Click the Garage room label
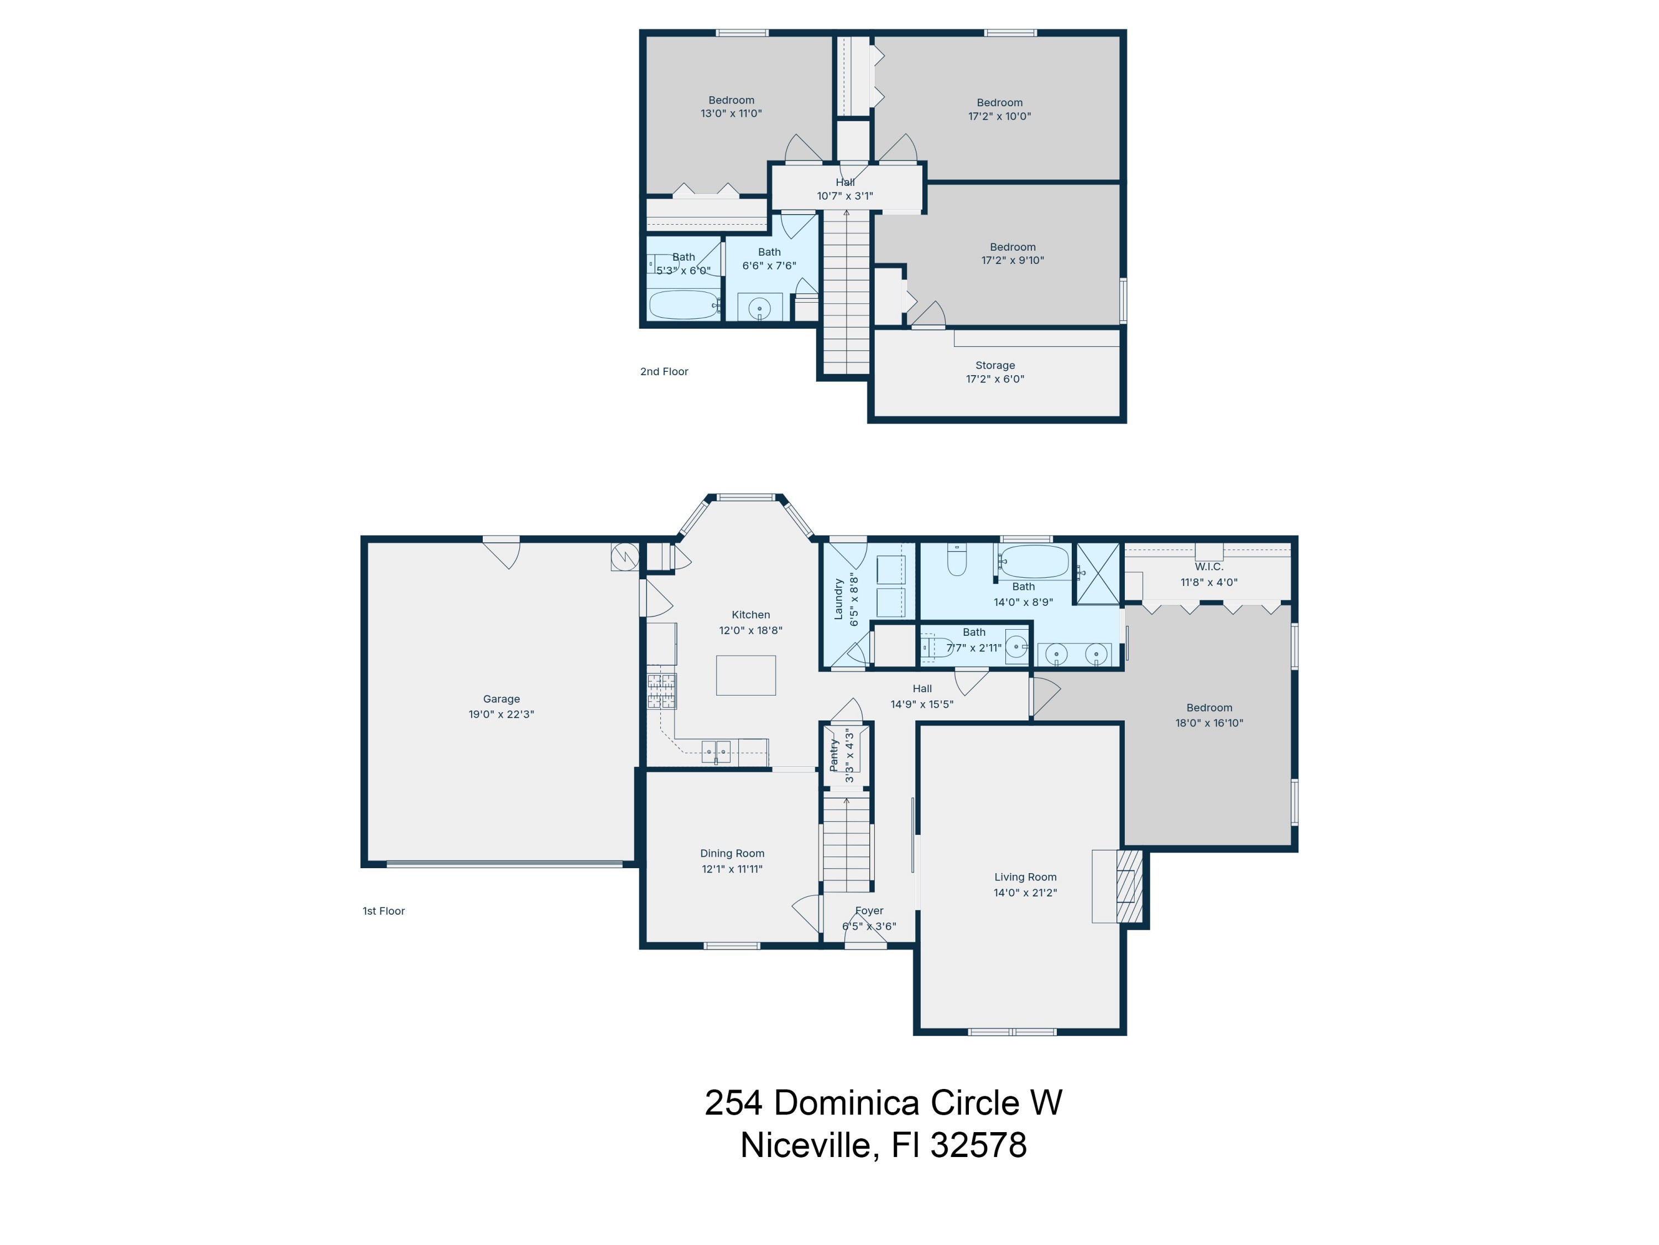501,699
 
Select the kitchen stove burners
661,691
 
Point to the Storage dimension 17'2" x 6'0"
994,379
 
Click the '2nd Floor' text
664,371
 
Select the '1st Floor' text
383,911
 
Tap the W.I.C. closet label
1208,567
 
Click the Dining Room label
732,853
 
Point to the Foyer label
869,911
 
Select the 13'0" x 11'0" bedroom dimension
731,114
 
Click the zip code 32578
978,1146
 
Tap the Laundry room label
838,599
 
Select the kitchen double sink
716,750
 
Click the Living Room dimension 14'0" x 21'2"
1025,893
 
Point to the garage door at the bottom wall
504,864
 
